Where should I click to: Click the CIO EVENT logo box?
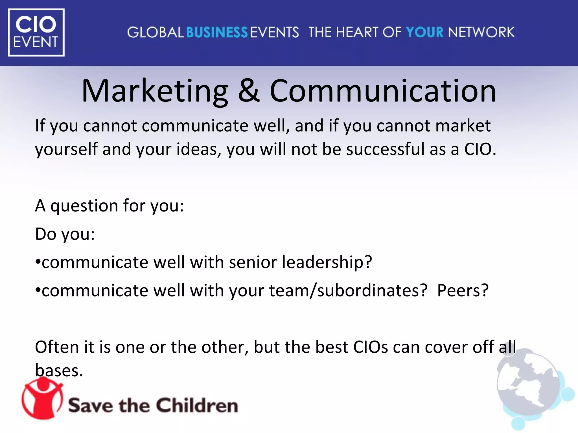[x=36, y=32]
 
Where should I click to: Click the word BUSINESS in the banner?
[x=217, y=32]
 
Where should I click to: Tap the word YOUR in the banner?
[x=424, y=32]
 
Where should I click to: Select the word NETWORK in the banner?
[x=481, y=32]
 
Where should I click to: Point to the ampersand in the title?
[x=249, y=91]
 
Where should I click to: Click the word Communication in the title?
[x=383, y=91]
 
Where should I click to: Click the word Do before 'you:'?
[x=45, y=234]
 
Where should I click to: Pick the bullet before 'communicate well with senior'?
[x=38, y=262]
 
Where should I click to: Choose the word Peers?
[x=463, y=291]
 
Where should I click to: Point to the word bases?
[x=59, y=371]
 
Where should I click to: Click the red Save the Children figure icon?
[x=42, y=398]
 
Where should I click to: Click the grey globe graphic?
[x=528, y=386]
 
